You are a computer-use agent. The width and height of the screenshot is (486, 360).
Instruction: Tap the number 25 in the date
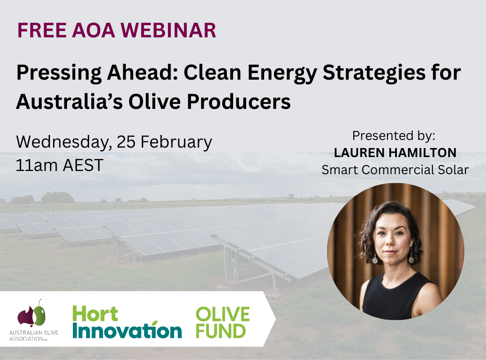(x=126, y=142)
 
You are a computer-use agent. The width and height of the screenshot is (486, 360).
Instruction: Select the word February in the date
(x=177, y=143)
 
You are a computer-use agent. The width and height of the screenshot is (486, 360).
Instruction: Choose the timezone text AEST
(x=84, y=165)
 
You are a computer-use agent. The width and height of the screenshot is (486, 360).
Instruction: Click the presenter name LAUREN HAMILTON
(x=395, y=153)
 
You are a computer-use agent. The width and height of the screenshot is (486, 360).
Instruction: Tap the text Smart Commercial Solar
(x=395, y=170)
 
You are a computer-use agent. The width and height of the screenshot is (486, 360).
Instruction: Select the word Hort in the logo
(x=95, y=314)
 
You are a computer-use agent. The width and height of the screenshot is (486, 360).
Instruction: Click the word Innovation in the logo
(x=127, y=331)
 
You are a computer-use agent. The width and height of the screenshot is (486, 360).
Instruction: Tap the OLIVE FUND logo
(x=222, y=322)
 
